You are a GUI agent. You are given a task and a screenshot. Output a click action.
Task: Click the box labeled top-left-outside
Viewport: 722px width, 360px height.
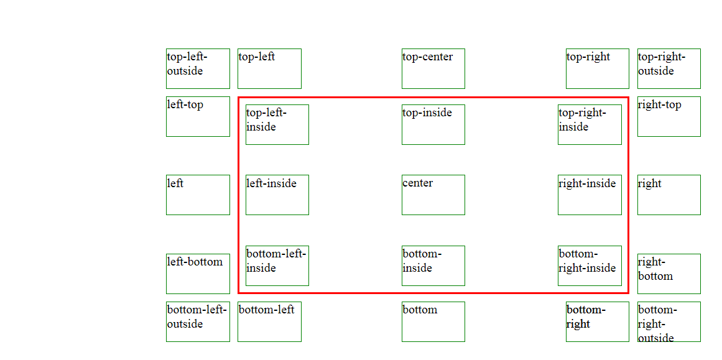coord(198,68)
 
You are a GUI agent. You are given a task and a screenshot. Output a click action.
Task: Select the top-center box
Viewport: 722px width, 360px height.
coord(433,68)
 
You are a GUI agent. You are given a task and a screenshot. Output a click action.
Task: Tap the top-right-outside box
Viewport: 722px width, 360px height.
coord(669,68)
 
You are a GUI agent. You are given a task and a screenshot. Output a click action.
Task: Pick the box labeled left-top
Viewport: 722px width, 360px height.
coord(198,116)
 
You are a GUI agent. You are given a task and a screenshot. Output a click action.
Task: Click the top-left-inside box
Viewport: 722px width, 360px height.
coord(277,124)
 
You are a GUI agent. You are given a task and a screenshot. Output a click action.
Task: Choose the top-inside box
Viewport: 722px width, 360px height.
coord(433,124)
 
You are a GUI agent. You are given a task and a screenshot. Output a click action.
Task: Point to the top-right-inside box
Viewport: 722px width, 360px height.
coord(590,124)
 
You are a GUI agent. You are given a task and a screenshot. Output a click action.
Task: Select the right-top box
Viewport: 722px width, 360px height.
coord(669,116)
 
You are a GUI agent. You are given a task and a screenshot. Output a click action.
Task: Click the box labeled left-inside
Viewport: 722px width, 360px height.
coord(277,195)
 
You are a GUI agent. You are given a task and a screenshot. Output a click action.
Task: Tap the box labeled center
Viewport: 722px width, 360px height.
coord(433,195)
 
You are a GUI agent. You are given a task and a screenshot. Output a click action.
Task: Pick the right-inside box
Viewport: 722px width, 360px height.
coord(590,195)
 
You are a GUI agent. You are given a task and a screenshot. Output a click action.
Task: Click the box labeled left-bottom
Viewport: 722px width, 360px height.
coord(198,274)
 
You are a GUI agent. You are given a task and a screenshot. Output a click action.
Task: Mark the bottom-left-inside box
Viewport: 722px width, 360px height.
coord(277,265)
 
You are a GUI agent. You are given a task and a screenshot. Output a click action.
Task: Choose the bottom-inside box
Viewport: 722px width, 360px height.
coord(433,265)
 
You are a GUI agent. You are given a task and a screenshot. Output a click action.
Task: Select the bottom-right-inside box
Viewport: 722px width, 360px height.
coord(590,265)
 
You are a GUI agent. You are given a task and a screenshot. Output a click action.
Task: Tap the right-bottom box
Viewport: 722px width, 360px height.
coord(669,274)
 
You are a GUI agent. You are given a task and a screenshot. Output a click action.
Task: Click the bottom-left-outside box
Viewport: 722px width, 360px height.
coord(198,321)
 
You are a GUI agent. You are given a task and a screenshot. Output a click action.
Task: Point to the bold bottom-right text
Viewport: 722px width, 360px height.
coord(585,316)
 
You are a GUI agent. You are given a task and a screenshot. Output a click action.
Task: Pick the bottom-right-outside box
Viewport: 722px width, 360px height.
coord(669,321)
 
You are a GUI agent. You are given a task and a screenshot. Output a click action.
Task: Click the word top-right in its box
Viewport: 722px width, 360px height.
coord(588,57)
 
